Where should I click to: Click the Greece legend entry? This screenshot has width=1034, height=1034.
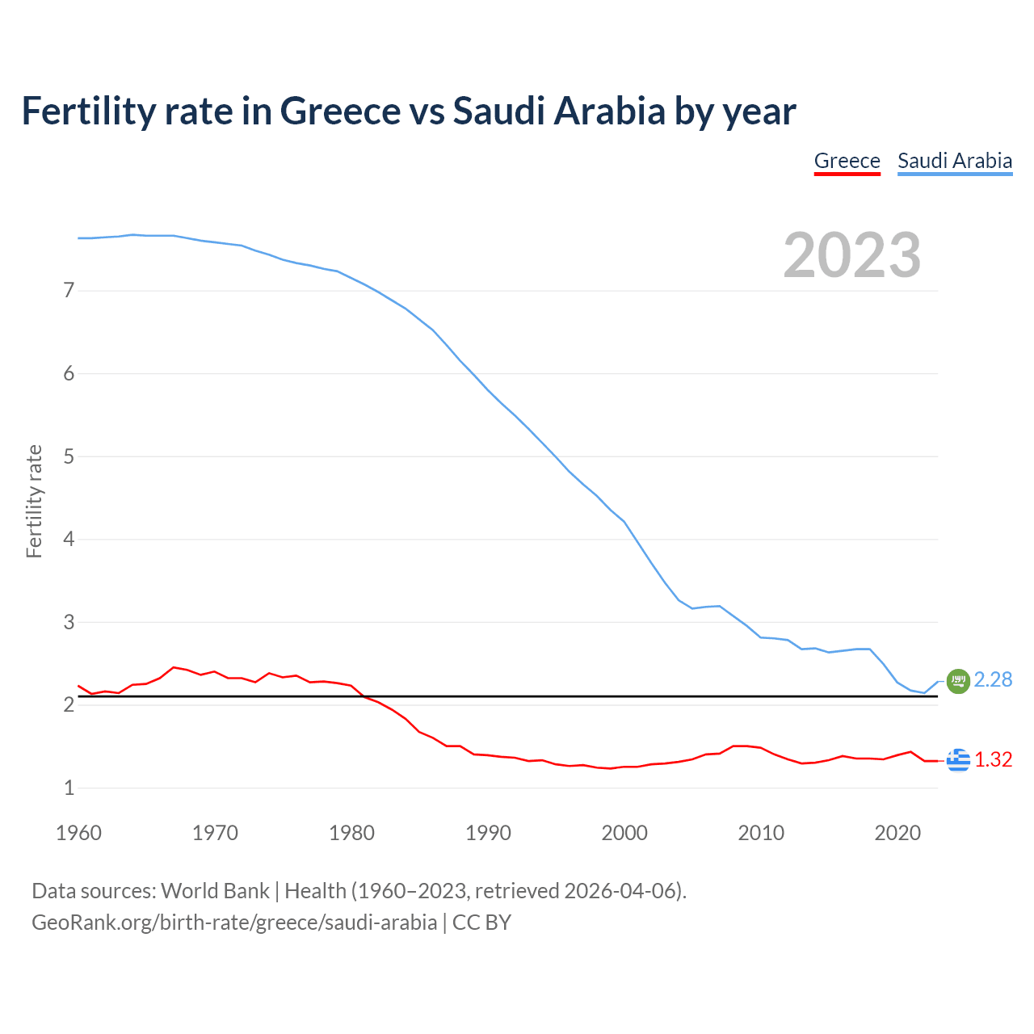tap(847, 161)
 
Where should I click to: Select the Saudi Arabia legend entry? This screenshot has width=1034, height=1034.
tap(955, 161)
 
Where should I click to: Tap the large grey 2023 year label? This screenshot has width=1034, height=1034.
tap(852, 255)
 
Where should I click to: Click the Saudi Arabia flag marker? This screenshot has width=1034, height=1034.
tap(958, 681)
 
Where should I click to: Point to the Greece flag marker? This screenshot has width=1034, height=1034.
tap(958, 760)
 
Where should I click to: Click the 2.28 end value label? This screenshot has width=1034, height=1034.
tap(993, 680)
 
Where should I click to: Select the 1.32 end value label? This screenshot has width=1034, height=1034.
tap(993, 760)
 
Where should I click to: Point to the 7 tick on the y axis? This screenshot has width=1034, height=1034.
tap(69, 290)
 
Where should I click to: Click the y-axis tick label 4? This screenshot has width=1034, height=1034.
tap(69, 539)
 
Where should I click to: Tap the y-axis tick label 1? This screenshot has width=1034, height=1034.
tap(69, 788)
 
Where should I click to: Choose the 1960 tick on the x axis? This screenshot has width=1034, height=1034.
tap(78, 833)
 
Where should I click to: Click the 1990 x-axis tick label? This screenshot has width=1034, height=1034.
tap(488, 833)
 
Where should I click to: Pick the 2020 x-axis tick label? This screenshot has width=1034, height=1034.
tap(897, 833)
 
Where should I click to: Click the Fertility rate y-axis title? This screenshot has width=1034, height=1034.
tap(34, 501)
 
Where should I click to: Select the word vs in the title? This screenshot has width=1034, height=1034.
tap(427, 111)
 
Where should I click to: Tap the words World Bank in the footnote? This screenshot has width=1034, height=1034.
tap(215, 891)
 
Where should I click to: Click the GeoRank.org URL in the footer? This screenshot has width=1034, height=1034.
tap(234, 923)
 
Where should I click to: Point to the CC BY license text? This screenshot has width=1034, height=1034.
tap(481, 923)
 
